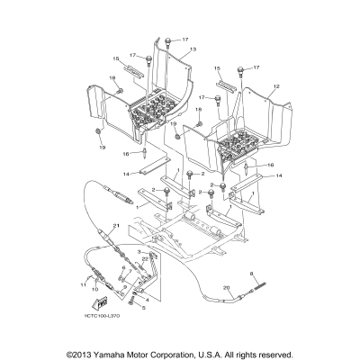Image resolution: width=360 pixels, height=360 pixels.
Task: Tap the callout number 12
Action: (277, 85)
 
